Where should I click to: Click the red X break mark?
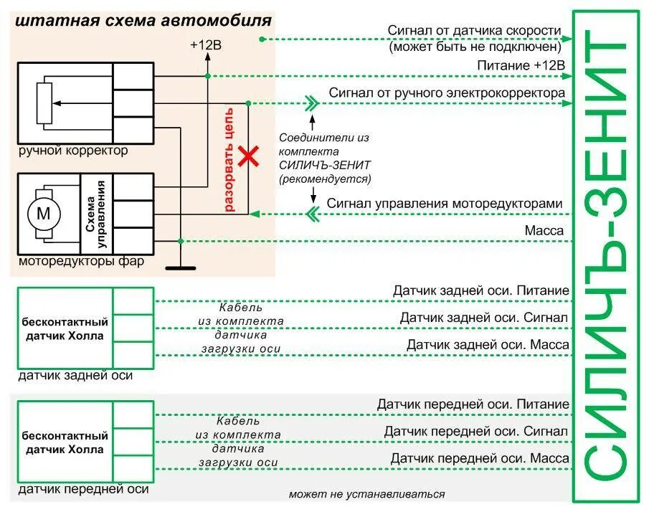click(x=249, y=157)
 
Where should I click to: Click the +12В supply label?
click(x=206, y=44)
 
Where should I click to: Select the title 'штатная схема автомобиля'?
click(x=143, y=20)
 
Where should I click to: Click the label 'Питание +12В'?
click(x=521, y=65)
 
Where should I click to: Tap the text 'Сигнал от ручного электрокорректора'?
click(x=447, y=93)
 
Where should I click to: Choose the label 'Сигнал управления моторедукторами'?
click(x=445, y=204)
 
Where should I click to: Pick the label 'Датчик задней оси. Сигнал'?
click(x=484, y=318)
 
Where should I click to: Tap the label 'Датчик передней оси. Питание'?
click(x=473, y=404)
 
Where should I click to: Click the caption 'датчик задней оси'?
click(x=75, y=375)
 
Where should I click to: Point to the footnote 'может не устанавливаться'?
click(x=366, y=494)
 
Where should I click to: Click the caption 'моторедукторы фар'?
click(x=81, y=261)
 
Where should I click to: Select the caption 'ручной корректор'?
click(x=73, y=151)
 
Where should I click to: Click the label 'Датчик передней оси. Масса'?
click(x=480, y=458)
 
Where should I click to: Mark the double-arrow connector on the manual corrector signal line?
click(x=310, y=103)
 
